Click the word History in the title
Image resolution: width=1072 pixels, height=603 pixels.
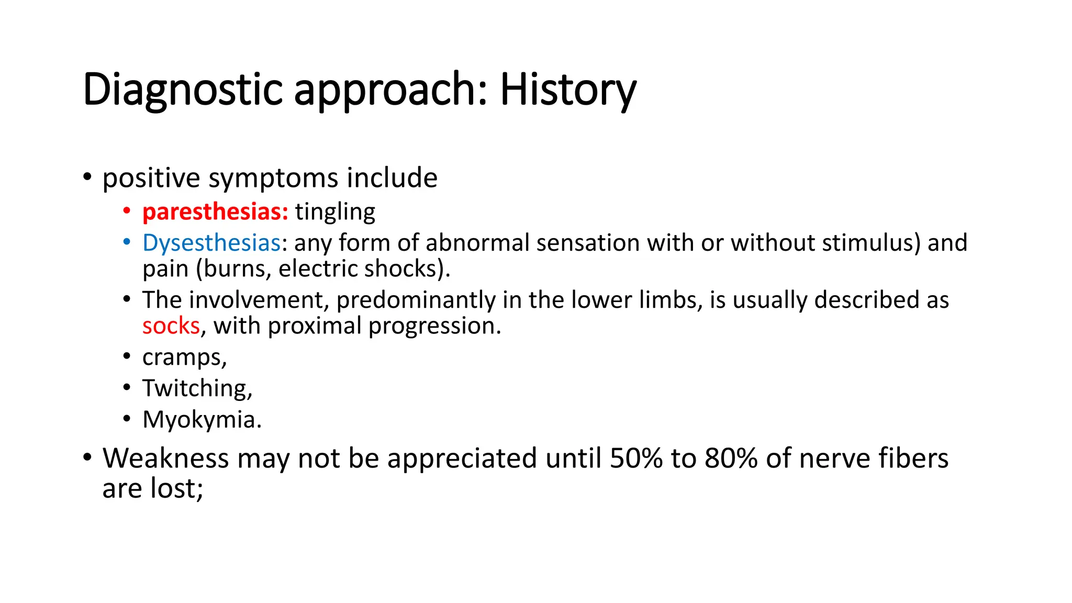coord(568,90)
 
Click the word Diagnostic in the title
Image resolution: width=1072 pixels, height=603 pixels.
coord(183,90)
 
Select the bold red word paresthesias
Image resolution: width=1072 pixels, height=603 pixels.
coord(215,212)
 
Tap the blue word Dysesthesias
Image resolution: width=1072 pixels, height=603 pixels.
coord(211,243)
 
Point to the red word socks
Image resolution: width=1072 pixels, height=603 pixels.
coord(171,326)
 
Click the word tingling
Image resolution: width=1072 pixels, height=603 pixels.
coord(335,212)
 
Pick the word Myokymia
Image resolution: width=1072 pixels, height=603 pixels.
coord(202,420)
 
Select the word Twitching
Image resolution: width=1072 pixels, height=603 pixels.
coord(197,388)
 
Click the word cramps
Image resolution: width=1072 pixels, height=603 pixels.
coord(184,358)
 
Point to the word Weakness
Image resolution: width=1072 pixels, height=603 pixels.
coord(165,459)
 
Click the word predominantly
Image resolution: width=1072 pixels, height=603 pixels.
coord(416,300)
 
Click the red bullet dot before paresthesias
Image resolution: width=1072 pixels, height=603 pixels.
coord(127,211)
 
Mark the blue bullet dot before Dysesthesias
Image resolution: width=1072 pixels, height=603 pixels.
coord(127,243)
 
